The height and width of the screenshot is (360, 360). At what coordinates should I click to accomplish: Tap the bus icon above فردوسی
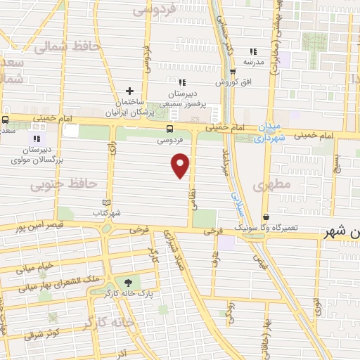pos(169,129)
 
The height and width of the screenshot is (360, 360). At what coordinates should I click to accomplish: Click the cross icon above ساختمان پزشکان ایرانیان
pos(129,91)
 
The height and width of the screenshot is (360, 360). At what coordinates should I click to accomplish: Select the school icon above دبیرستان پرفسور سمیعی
pos(183,82)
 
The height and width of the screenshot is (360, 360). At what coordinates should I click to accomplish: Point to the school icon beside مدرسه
pos(254,51)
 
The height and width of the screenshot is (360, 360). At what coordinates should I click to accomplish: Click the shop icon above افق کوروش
pos(232,71)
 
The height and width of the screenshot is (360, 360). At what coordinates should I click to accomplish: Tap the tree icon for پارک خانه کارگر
pos(127,282)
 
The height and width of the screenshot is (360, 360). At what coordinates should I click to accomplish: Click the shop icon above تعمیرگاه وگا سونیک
pos(266,217)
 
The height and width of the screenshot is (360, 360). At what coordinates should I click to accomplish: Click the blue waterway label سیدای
pos(236,195)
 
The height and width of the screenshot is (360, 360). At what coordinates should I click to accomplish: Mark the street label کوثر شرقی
pos(44,333)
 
